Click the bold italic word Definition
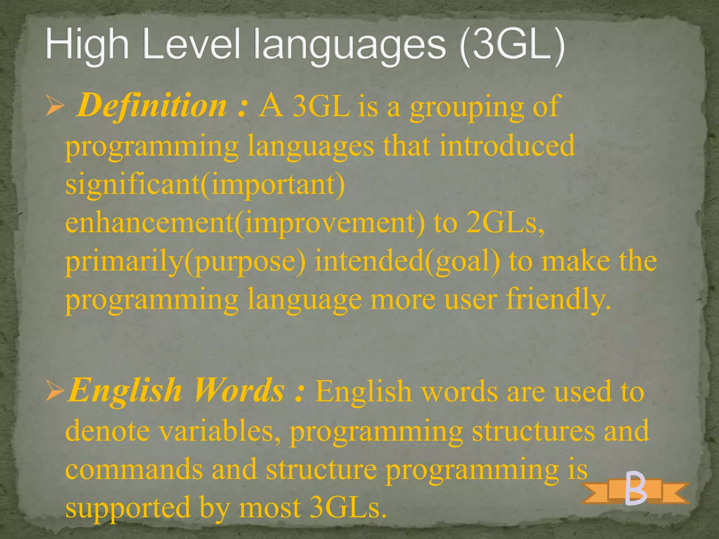point(152,106)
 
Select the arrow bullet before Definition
point(55,107)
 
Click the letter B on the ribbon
point(636,488)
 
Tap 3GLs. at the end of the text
point(348,507)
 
